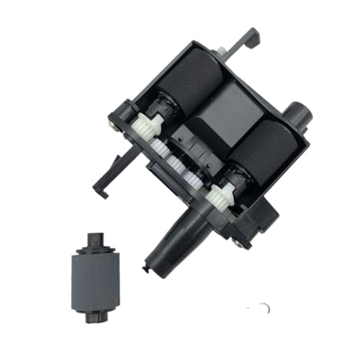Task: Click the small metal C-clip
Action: click(x=266, y=308)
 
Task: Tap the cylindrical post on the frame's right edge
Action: click(x=300, y=115)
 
